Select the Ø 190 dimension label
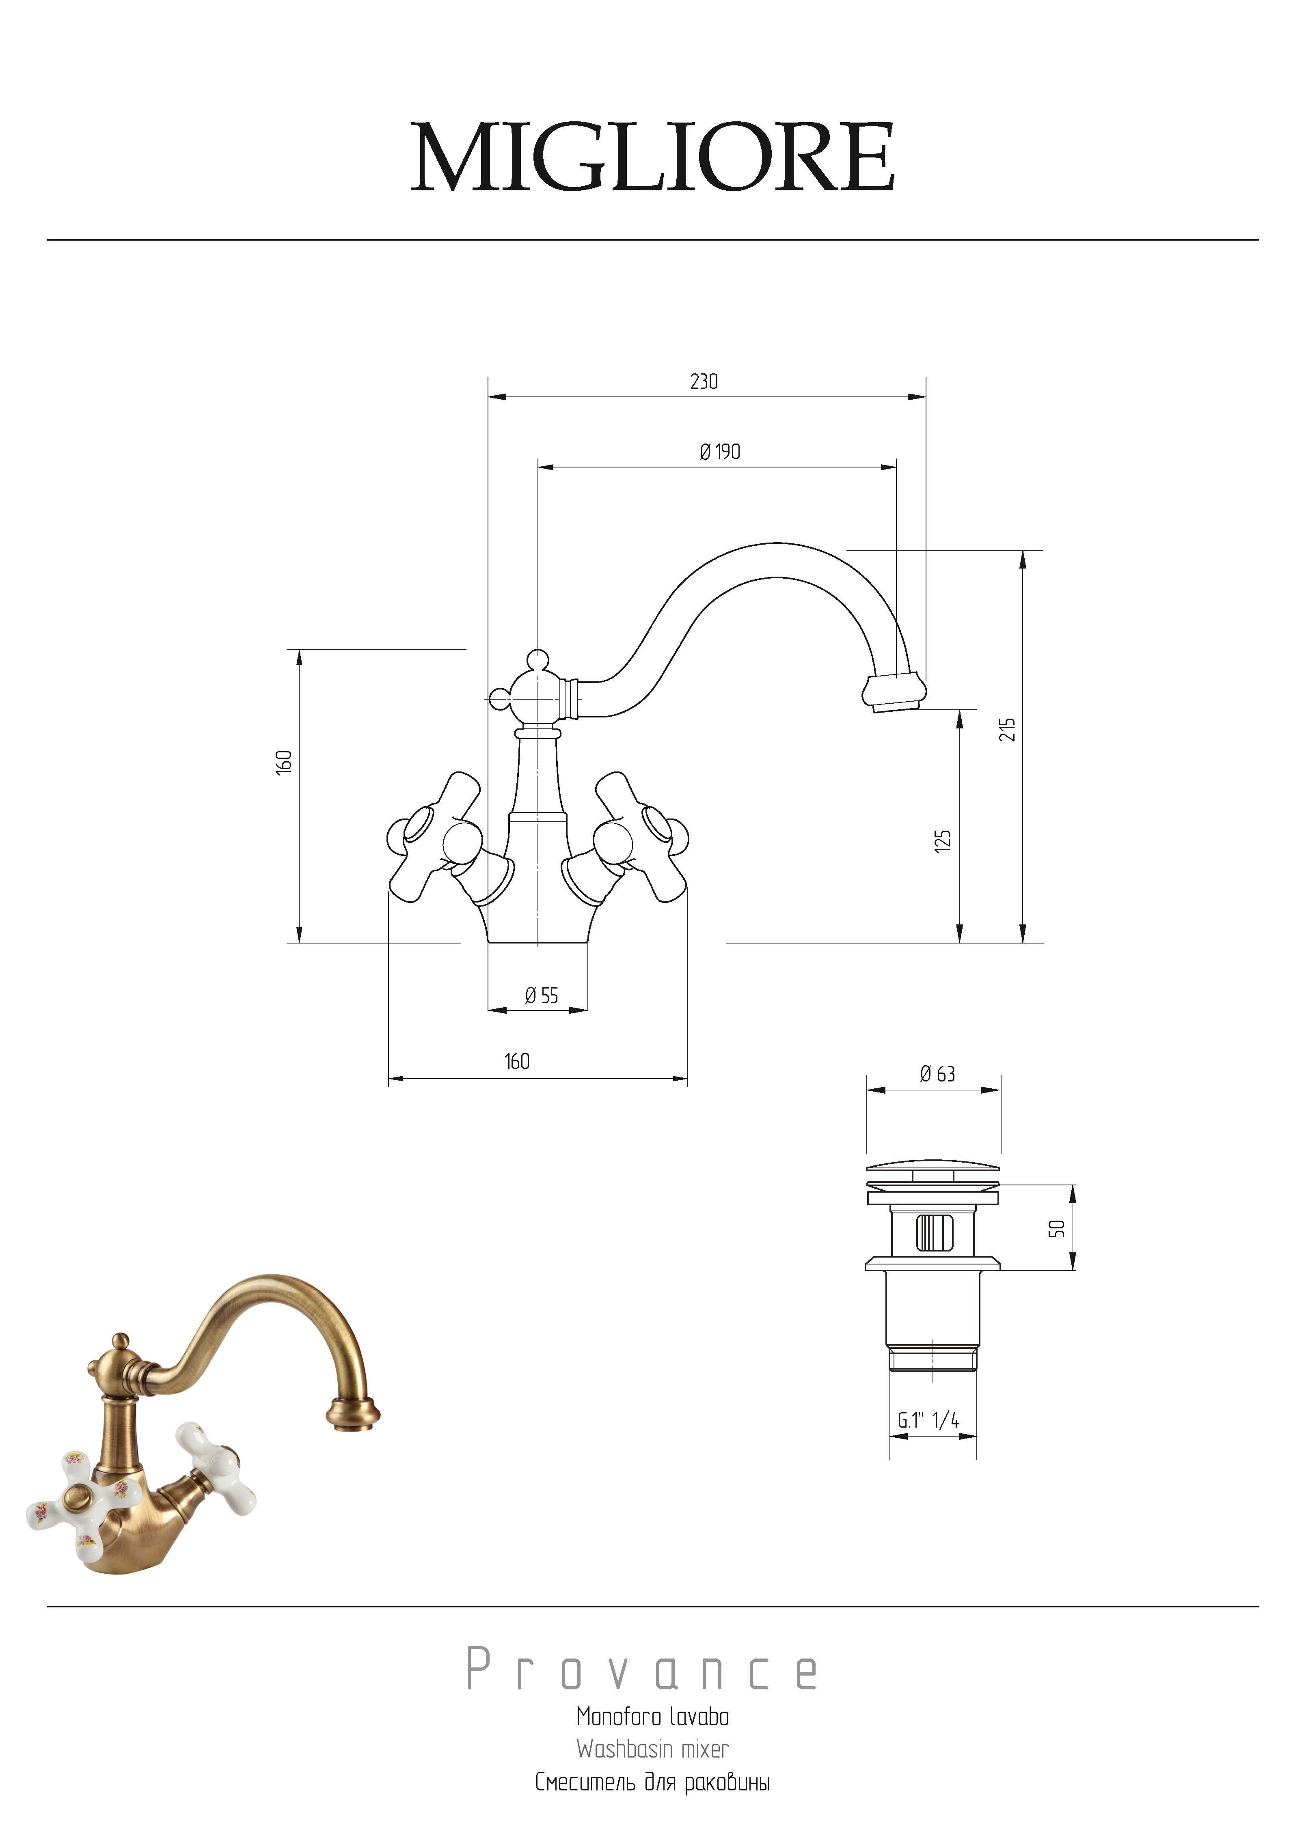(x=720, y=452)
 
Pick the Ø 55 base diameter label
(x=541, y=996)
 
